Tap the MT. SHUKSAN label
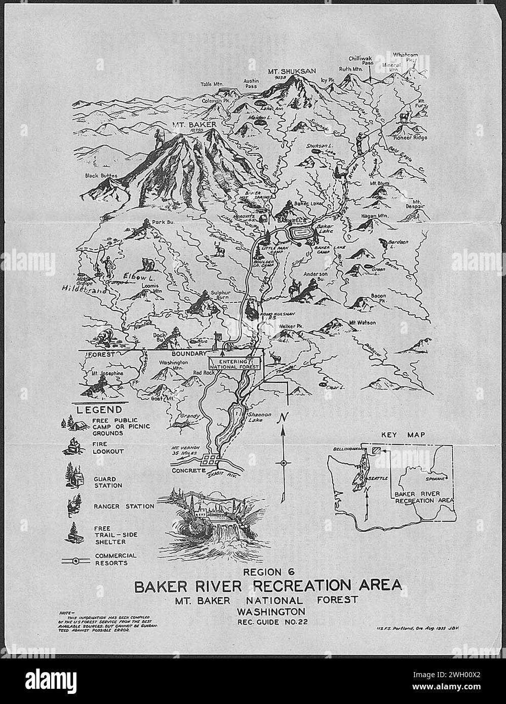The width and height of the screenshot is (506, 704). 285,72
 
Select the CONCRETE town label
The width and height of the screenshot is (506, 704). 187,470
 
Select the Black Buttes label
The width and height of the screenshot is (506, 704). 101,176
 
